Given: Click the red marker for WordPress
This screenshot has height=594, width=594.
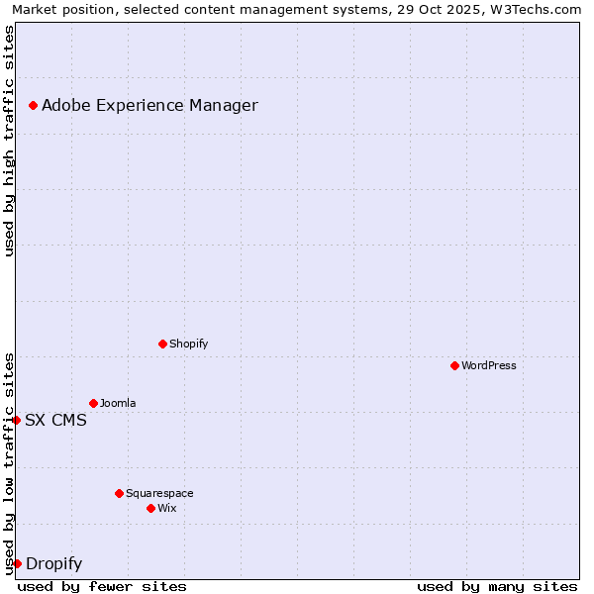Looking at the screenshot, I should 454,365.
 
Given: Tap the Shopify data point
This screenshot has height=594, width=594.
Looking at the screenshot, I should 162,344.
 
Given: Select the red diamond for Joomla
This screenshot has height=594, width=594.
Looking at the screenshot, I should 93,403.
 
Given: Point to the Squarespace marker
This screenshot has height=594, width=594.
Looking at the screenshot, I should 119,493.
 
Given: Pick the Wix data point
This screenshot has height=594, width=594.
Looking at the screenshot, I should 150,508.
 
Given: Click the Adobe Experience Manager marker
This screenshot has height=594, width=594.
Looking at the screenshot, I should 33,105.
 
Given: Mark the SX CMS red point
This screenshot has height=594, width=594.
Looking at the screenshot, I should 17,420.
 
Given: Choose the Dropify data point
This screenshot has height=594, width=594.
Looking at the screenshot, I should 17,563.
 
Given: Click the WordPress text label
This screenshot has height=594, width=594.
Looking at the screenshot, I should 489,365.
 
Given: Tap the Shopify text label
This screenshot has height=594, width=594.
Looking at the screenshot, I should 189,344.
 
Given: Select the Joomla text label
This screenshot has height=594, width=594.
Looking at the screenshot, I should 118,403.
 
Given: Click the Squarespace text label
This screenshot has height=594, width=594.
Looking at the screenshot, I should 159,493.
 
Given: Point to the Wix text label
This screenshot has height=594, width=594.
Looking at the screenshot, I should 167,508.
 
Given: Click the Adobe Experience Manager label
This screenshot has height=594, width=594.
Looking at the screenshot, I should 149,105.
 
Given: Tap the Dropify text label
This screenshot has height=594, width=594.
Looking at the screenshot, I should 53,564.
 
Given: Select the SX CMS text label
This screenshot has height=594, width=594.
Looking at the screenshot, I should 55,420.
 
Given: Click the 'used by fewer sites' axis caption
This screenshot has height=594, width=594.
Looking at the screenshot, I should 102,586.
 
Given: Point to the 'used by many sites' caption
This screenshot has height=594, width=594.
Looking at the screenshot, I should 497,586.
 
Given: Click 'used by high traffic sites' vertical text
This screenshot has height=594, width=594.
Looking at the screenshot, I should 9,141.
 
